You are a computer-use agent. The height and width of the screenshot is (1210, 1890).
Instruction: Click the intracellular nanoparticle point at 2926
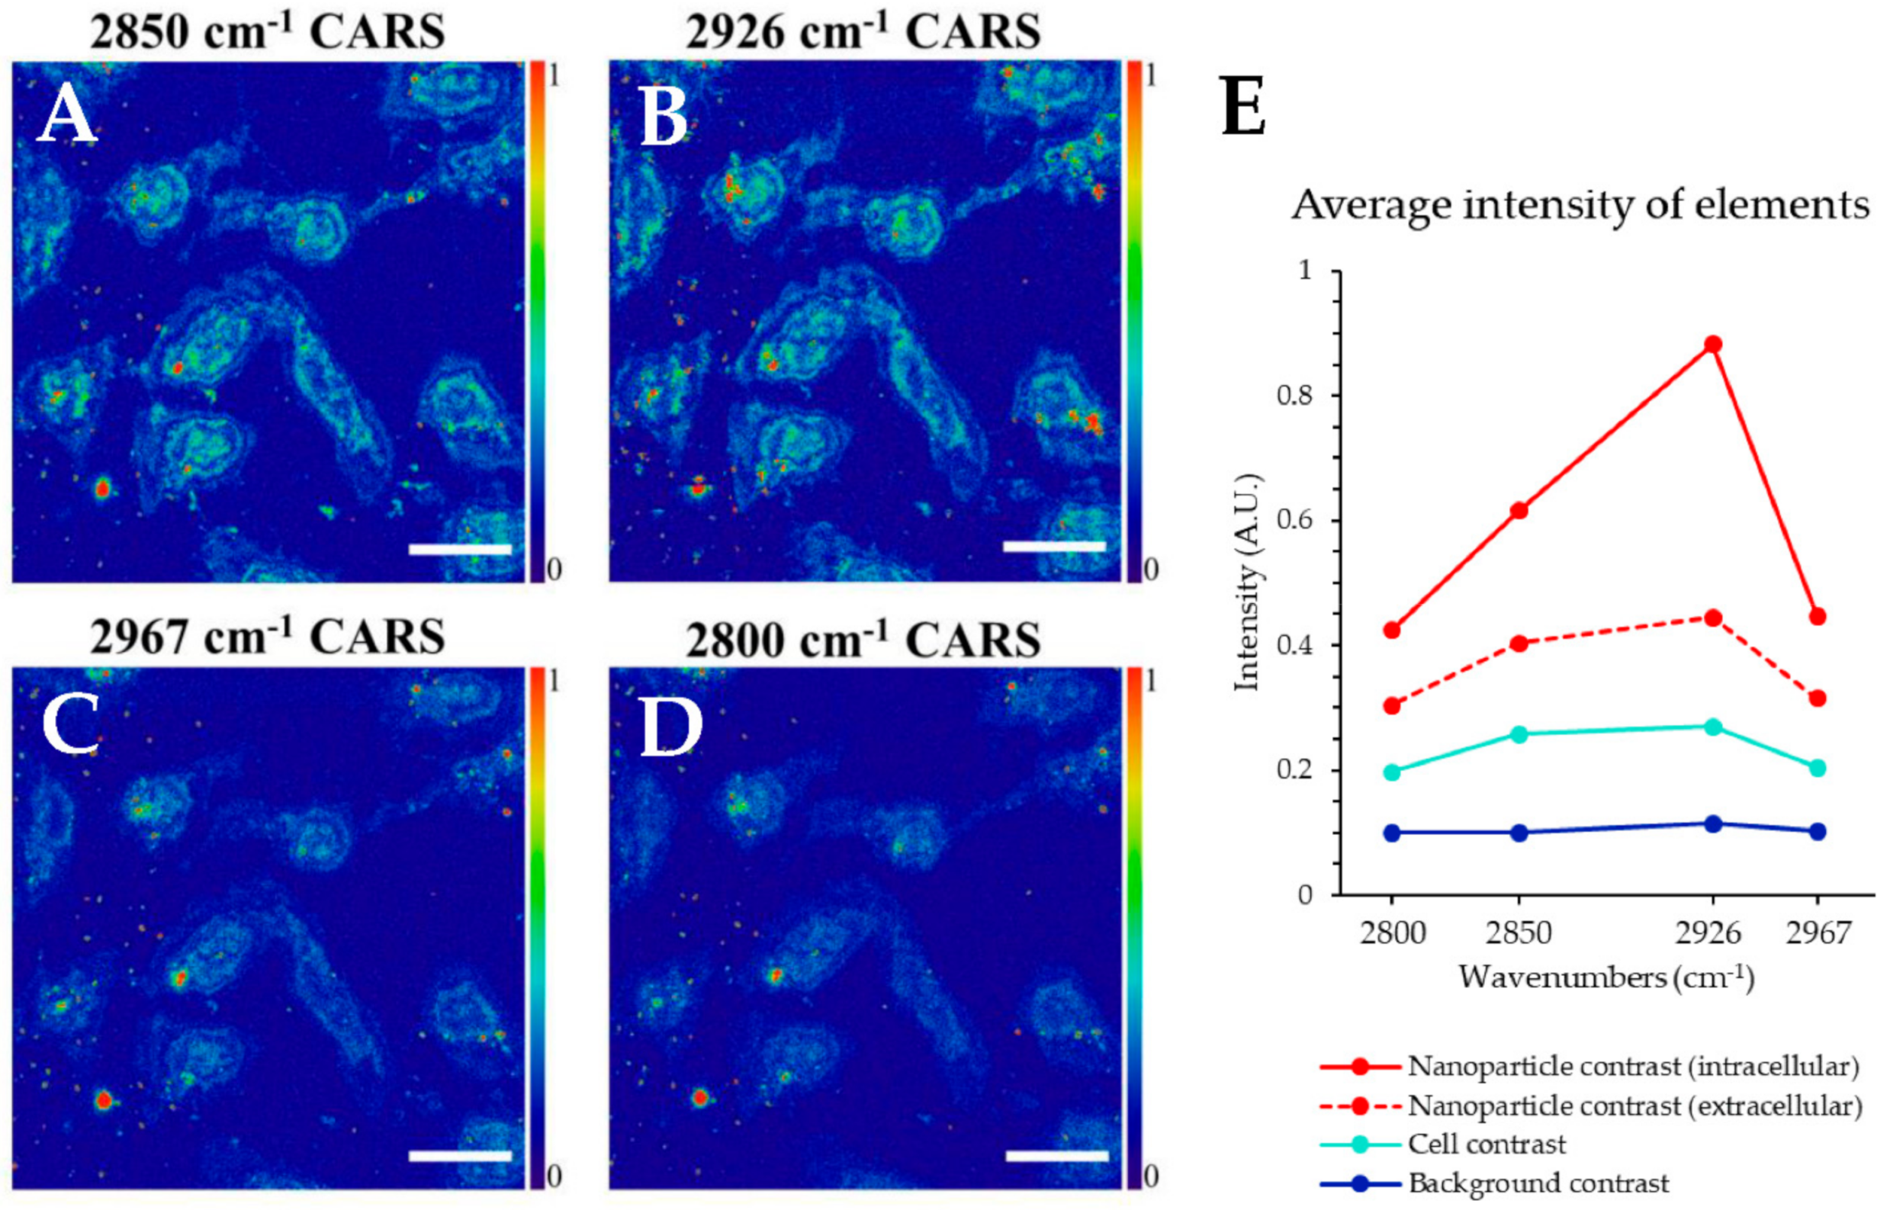click(x=1712, y=345)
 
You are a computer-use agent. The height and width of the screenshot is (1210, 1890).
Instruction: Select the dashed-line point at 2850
click(x=1519, y=644)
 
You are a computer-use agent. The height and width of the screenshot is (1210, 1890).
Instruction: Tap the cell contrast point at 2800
click(x=1392, y=772)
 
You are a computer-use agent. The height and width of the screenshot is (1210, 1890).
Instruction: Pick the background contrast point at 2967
click(x=1817, y=831)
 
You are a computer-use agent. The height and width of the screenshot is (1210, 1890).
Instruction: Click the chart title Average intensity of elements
click(x=1580, y=206)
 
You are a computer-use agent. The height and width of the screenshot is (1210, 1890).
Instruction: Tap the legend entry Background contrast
click(x=1538, y=1183)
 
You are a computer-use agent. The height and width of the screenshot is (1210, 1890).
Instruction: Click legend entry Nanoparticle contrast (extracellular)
click(x=1634, y=1106)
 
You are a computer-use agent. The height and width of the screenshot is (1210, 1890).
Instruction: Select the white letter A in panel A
click(x=67, y=117)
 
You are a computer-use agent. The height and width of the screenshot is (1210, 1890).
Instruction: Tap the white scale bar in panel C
click(x=460, y=1156)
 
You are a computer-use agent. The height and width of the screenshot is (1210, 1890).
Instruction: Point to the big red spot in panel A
click(x=102, y=489)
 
